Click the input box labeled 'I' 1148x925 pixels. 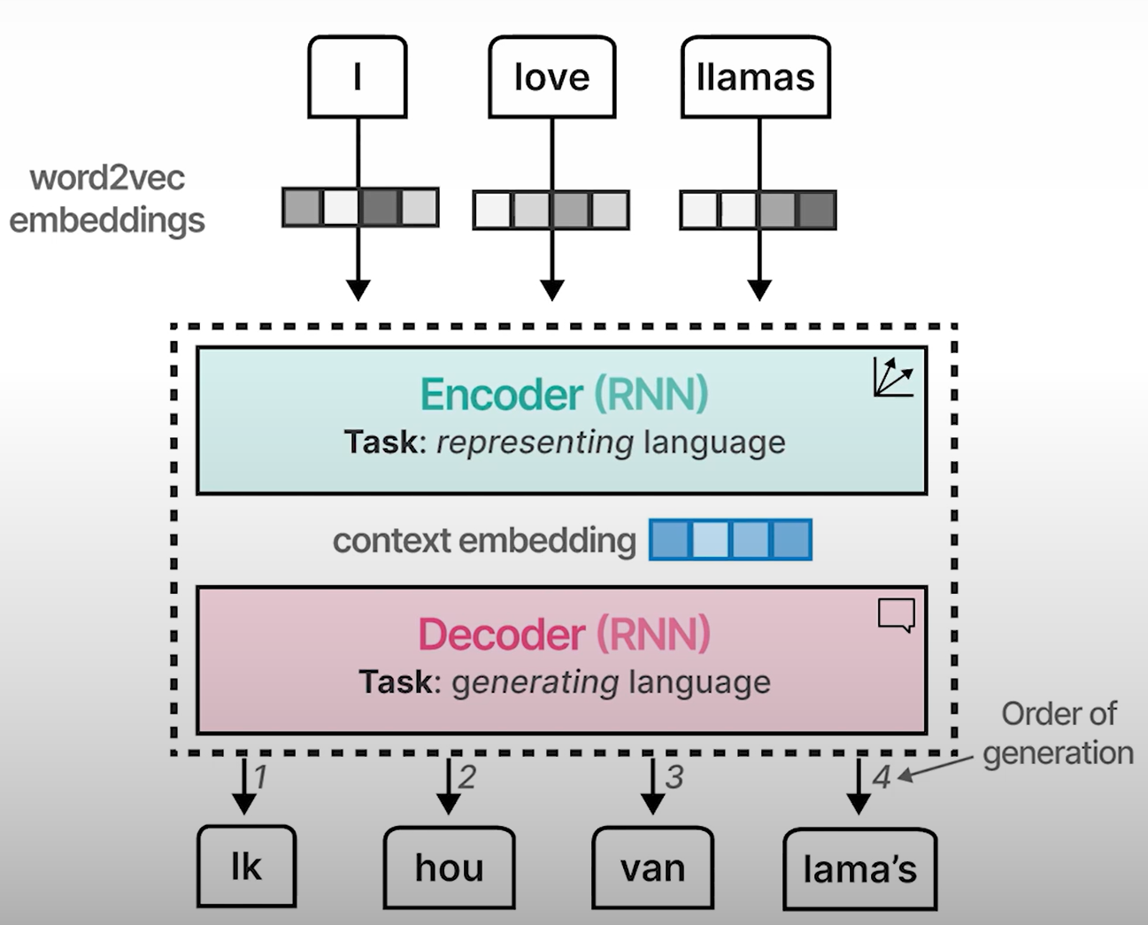click(x=357, y=77)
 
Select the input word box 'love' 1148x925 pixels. click(x=551, y=77)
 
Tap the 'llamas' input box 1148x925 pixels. click(x=755, y=77)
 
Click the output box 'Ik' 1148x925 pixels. click(x=246, y=867)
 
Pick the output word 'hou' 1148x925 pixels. click(x=449, y=867)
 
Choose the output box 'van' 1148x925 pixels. click(x=652, y=867)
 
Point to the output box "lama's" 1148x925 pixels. click(x=859, y=869)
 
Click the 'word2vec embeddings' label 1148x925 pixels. click(x=107, y=199)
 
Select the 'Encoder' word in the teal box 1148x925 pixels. click(x=501, y=395)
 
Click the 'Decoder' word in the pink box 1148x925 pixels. click(x=501, y=635)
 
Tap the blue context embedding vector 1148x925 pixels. click(x=730, y=540)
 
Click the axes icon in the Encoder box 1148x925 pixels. click(x=892, y=377)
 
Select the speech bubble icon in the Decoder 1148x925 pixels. click(x=896, y=615)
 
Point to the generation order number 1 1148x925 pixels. click(x=261, y=777)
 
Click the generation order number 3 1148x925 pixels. click(x=674, y=777)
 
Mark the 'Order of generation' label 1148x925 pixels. click(x=1058, y=733)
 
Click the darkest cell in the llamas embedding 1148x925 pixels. click(x=817, y=211)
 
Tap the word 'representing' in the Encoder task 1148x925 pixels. click(x=535, y=443)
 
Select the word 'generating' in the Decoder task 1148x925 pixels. click(x=535, y=682)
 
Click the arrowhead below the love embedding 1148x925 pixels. click(x=552, y=290)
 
